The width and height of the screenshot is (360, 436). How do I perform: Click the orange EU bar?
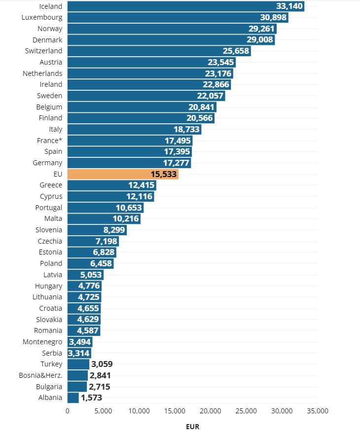click(122, 174)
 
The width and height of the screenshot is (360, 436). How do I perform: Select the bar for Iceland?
click(185, 6)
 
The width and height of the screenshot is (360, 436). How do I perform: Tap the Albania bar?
click(73, 398)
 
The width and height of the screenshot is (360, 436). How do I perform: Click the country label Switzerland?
click(43, 51)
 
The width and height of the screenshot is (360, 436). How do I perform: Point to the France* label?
click(49, 140)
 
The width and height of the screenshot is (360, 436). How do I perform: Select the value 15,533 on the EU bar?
click(163, 174)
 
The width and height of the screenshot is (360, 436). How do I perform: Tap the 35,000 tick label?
click(318, 410)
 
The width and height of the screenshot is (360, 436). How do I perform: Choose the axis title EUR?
click(193, 427)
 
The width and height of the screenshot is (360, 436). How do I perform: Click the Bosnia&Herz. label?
click(40, 375)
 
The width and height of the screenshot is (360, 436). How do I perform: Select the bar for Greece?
click(111, 185)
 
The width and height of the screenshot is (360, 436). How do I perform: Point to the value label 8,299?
click(113, 230)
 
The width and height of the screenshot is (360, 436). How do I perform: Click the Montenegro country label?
click(42, 342)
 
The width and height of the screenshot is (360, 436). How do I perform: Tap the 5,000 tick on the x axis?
click(103, 410)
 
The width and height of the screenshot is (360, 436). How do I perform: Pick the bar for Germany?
click(129, 163)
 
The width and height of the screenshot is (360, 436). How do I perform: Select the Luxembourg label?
click(42, 17)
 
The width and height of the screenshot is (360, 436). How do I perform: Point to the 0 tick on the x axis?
click(68, 410)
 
